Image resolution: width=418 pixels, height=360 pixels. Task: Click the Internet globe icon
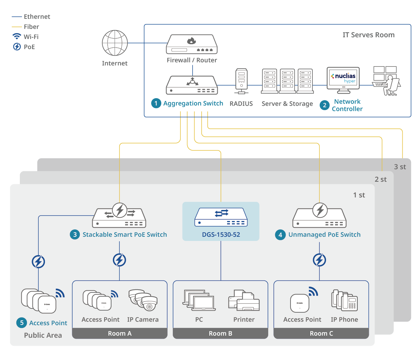115,43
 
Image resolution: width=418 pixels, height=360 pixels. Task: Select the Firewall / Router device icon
192,44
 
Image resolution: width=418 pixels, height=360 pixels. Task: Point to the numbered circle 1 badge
156,103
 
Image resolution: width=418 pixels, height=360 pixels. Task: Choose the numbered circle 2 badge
325,105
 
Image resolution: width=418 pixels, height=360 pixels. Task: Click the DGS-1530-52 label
221,235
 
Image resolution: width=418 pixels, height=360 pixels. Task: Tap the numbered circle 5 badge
22,323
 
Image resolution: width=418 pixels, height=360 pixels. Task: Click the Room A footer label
119,334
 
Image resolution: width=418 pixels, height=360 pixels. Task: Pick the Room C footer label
321,334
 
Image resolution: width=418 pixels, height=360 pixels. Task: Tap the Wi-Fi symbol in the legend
17,37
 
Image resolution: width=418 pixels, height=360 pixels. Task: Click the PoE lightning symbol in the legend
17,47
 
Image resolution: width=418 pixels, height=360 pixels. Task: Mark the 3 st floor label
400,167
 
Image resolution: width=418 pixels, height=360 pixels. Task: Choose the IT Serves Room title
369,35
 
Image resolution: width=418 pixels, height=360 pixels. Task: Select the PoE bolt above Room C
319,260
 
